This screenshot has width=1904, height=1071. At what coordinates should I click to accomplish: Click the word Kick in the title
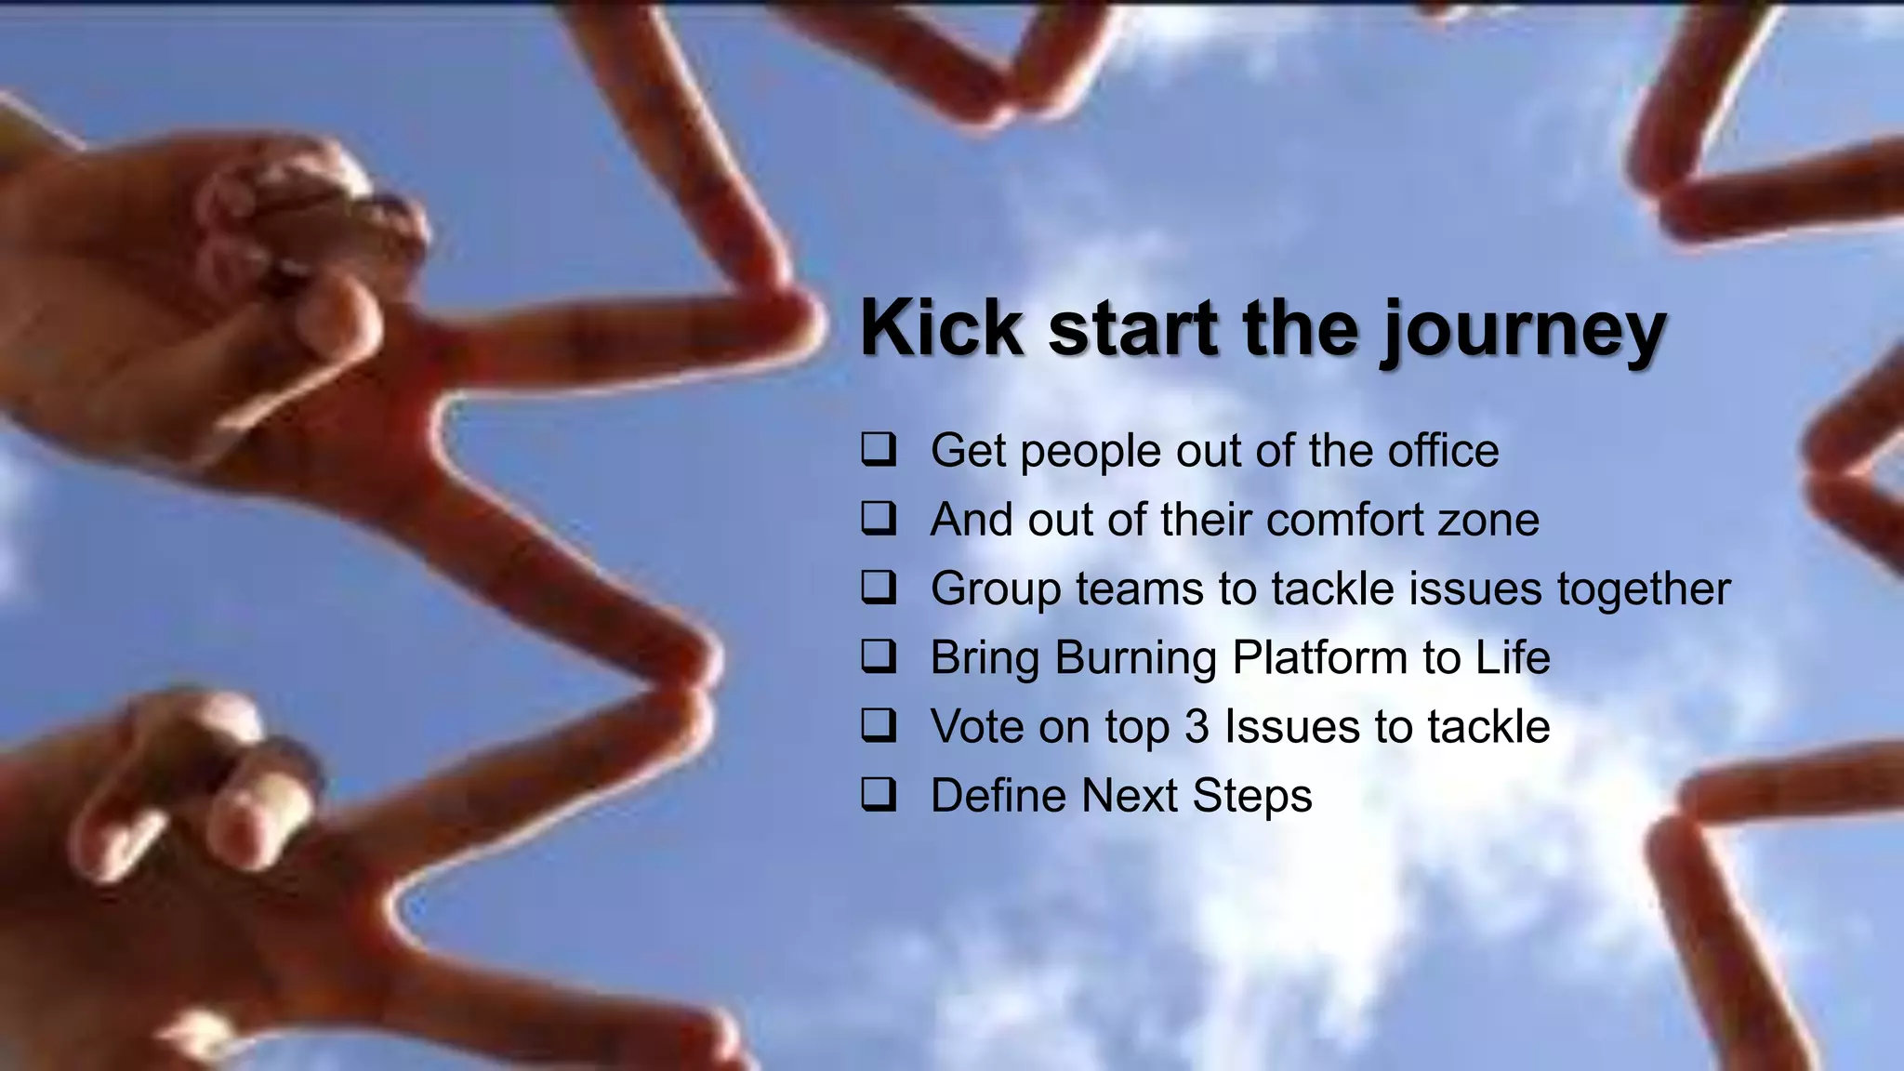pos(941,327)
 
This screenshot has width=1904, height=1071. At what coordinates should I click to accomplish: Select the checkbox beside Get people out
pos(878,450)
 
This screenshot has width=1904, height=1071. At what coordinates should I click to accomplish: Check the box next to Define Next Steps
pos(878,796)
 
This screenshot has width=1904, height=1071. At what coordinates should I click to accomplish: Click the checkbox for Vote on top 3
pos(878,726)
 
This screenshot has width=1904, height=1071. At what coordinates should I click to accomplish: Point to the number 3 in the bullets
pos(1197,727)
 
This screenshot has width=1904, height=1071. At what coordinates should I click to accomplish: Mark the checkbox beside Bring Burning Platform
pos(878,657)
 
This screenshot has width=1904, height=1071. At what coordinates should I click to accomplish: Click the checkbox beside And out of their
pos(878,519)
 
